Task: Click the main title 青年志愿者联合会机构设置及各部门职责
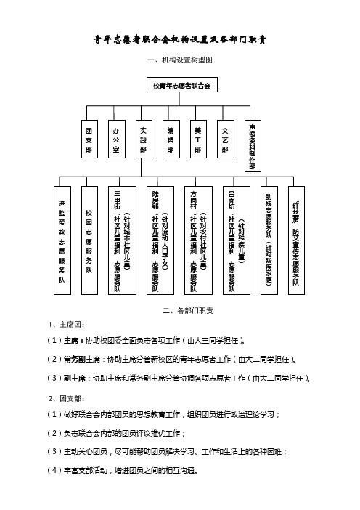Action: [180, 40]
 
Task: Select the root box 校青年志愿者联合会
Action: [182, 85]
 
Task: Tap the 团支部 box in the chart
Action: [89, 139]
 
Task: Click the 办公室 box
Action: [117, 139]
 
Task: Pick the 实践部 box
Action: [144, 139]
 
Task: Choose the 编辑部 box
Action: [171, 139]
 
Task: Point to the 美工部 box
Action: [198, 139]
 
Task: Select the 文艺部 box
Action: [226, 139]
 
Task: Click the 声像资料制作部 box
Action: [253, 146]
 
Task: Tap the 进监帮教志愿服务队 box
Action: [62, 240]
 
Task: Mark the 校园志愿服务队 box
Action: [89, 240]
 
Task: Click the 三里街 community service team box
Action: [122, 240]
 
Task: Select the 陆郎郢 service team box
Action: [160, 240]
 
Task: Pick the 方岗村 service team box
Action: [198, 240]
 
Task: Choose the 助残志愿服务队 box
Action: [269, 240]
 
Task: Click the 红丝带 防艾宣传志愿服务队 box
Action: [296, 240]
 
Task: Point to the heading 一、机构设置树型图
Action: [180, 60]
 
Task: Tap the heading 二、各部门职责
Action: [188, 311]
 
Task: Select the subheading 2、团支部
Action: [67, 398]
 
